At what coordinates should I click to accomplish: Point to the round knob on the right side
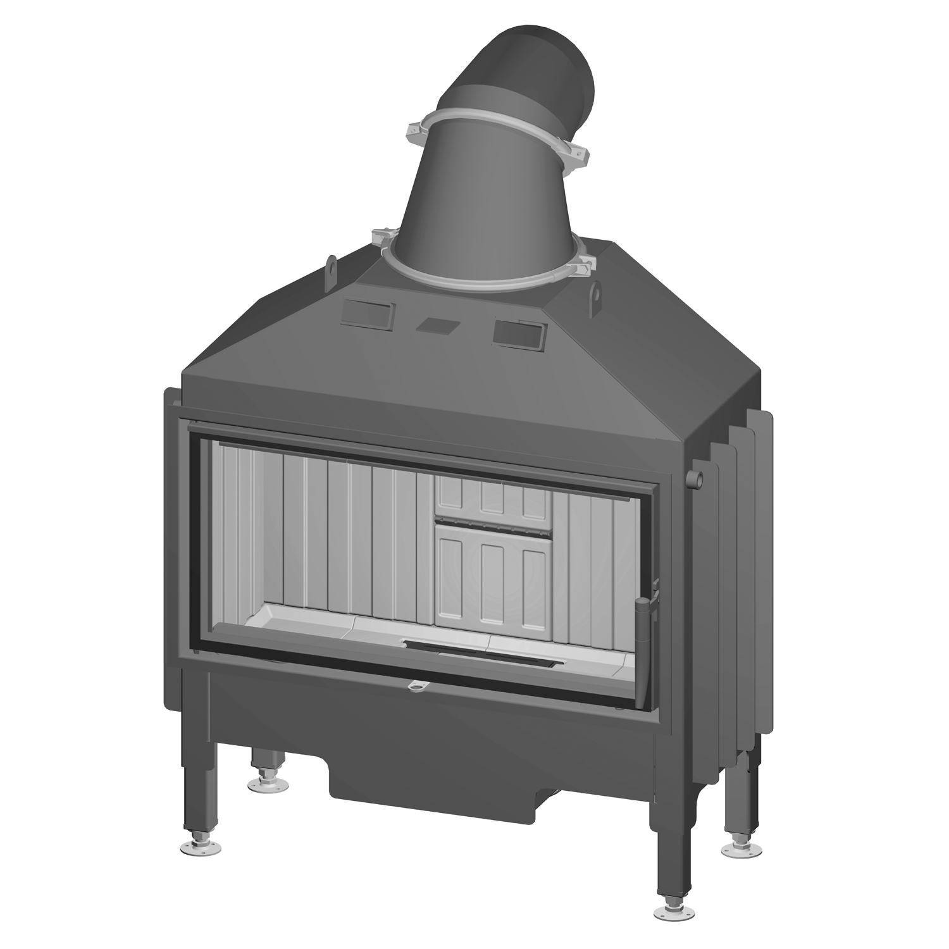pyautogui.click(x=696, y=478)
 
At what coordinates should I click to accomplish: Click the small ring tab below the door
pyautogui.click(x=417, y=686)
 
